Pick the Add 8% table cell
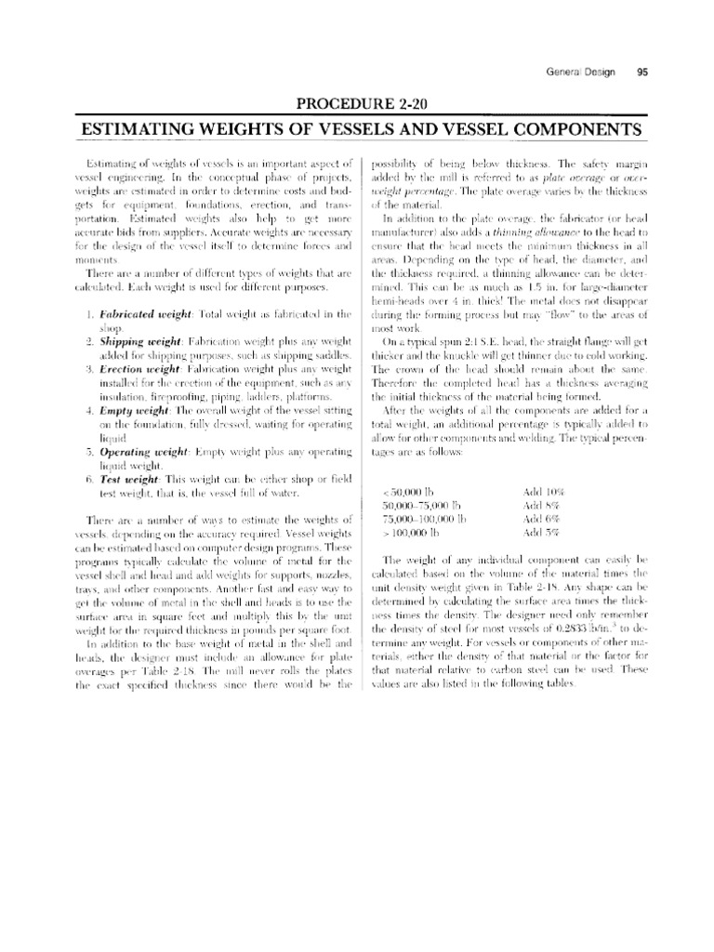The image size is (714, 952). (x=538, y=504)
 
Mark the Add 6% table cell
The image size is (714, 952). (x=538, y=518)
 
